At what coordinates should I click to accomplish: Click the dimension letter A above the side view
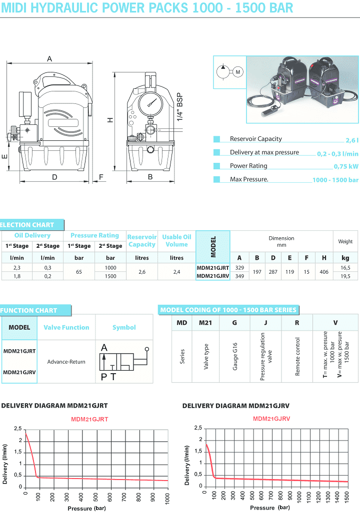click(x=49, y=59)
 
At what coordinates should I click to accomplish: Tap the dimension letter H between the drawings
click(x=110, y=119)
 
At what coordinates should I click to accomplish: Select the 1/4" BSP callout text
click(x=180, y=107)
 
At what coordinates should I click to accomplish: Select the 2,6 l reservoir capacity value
click(x=351, y=140)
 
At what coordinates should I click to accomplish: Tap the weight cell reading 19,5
click(x=345, y=276)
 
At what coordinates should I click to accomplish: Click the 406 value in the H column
click(x=324, y=272)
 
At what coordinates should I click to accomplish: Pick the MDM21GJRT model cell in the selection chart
click(x=213, y=268)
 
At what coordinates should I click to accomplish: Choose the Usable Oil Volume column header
click(x=176, y=241)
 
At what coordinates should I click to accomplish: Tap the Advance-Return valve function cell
click(x=66, y=362)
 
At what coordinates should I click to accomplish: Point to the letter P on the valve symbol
click(x=103, y=377)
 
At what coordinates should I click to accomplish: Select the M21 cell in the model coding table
click(x=205, y=323)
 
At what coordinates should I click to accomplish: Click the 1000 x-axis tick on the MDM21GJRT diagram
click(x=167, y=498)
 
